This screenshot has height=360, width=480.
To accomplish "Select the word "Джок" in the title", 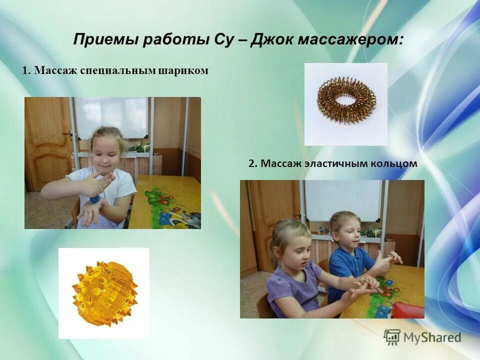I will click(x=274, y=40).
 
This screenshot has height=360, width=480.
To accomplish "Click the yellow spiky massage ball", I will click(x=104, y=293).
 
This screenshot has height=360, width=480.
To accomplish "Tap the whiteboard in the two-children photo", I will click(x=342, y=200).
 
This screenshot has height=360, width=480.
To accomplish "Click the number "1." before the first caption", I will click(x=26, y=71).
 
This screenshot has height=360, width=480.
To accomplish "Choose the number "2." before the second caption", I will click(x=253, y=163).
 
